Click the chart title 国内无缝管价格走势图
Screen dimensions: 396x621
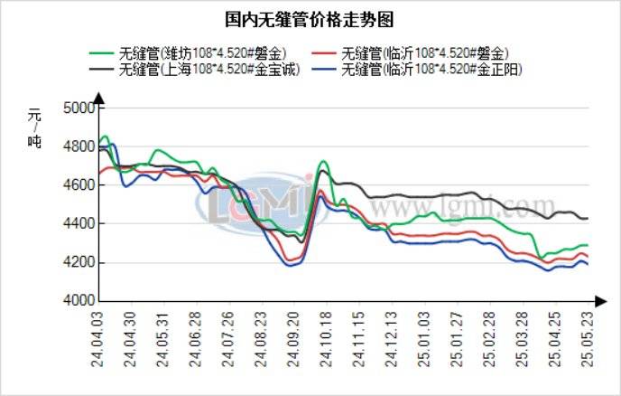(x=310, y=18)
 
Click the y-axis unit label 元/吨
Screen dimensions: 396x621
(x=34, y=127)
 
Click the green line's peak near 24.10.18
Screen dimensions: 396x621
(x=324, y=162)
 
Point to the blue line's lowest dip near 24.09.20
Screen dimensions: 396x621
(x=289, y=266)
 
